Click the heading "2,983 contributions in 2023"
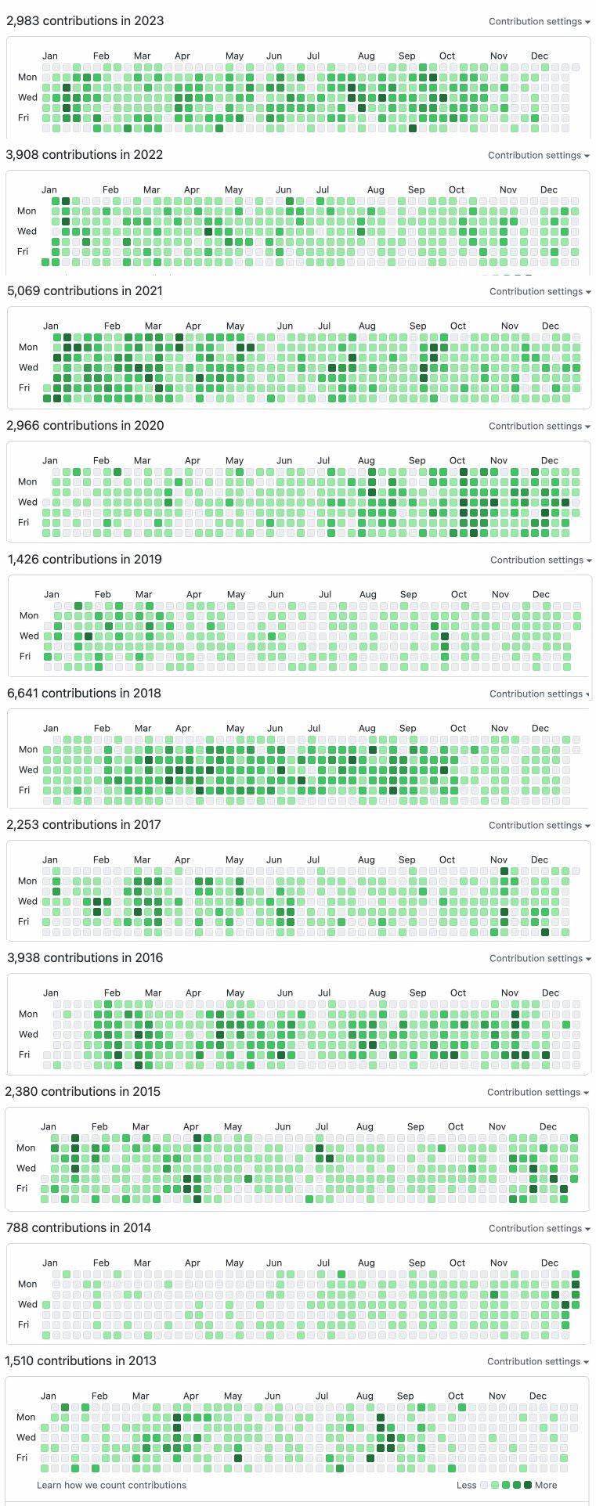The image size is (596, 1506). (x=85, y=21)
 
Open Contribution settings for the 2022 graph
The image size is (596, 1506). (x=538, y=156)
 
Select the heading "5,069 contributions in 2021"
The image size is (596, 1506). (x=85, y=291)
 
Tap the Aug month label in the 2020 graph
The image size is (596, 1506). (x=367, y=461)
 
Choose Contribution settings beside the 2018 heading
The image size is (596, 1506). (x=540, y=694)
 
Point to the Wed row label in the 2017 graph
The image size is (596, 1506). (x=27, y=902)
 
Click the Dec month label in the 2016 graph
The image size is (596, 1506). (x=551, y=993)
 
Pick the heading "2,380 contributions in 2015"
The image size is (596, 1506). (x=82, y=1092)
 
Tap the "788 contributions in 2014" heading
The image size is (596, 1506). (x=78, y=1228)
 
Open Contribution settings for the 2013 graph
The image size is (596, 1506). (x=537, y=1362)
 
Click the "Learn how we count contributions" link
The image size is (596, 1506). (x=111, y=1485)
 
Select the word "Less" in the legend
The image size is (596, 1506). (x=466, y=1485)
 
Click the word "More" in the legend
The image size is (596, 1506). (x=546, y=1485)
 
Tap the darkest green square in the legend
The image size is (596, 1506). (x=527, y=1485)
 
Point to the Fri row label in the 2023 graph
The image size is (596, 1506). (x=23, y=118)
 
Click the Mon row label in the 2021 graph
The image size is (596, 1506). (x=28, y=348)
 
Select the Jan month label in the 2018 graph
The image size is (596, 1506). (x=51, y=729)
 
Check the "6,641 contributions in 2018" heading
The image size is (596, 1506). (x=84, y=694)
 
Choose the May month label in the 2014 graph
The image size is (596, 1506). (x=234, y=1263)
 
